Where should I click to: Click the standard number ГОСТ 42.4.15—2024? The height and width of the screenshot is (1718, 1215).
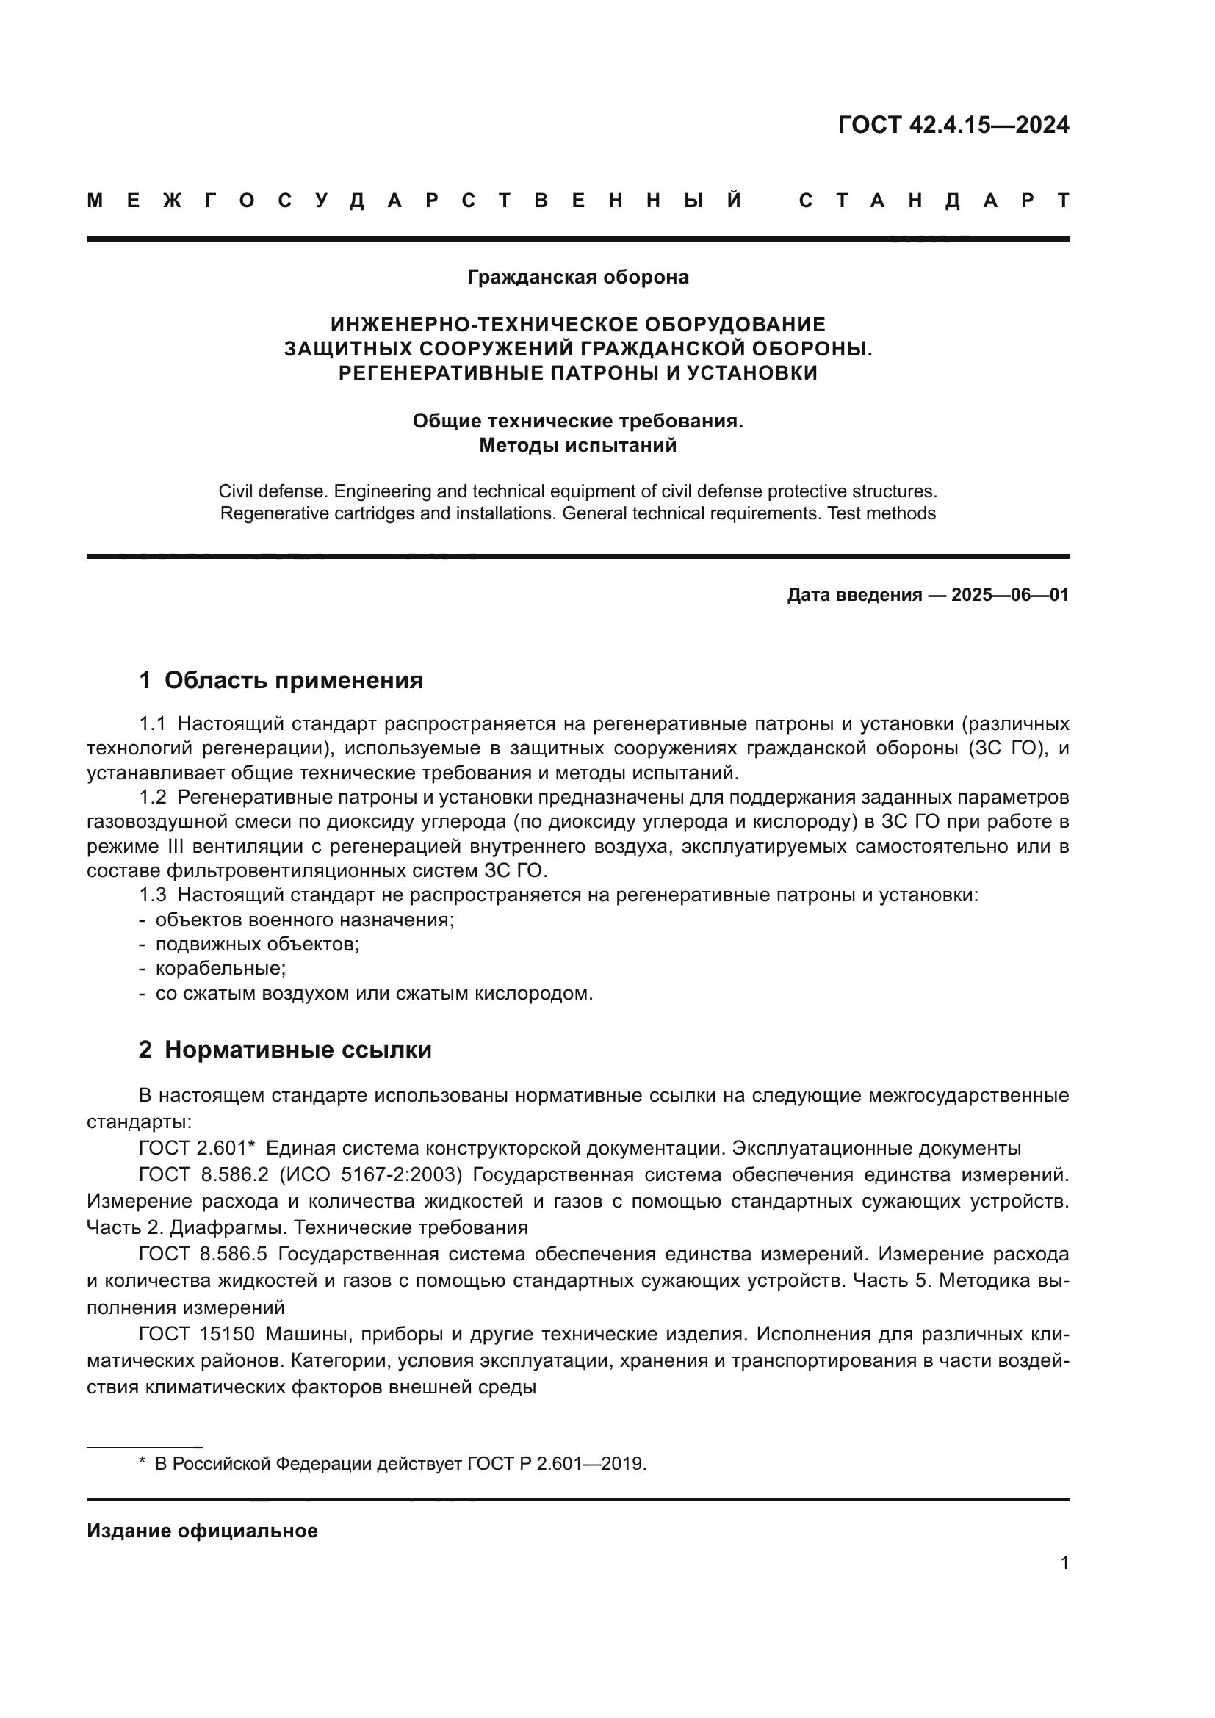953,124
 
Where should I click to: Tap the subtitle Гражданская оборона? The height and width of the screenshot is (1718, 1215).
577,278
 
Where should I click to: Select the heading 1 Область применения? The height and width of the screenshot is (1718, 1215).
281,680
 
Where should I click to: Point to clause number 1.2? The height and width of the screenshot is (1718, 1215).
153,797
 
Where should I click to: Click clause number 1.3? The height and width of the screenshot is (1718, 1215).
153,895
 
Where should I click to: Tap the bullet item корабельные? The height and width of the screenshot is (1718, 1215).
220,968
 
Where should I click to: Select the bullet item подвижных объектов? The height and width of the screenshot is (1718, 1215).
256,944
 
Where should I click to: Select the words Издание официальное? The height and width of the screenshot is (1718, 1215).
202,1531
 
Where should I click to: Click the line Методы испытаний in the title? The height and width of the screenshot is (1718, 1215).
577,446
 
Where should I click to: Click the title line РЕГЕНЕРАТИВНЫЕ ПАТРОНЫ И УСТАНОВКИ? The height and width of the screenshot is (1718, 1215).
577,372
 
